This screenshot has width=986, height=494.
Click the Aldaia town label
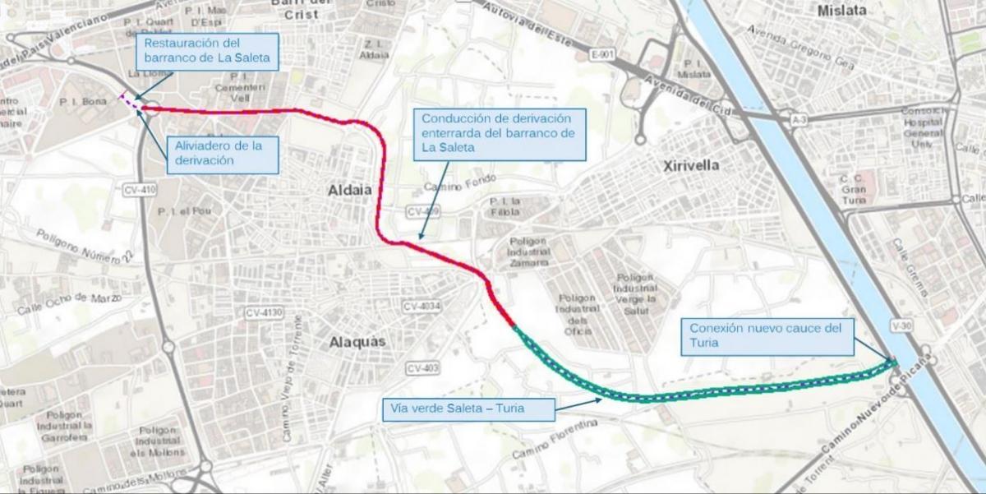[350, 190]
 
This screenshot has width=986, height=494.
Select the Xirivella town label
[691, 165]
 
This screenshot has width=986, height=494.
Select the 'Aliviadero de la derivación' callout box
[223, 154]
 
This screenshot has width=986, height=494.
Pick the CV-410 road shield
[140, 189]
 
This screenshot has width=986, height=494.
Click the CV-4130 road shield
[264, 313]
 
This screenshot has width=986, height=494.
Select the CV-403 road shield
[422, 367]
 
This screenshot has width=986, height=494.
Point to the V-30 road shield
[901, 326]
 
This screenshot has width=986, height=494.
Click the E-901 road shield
[602, 54]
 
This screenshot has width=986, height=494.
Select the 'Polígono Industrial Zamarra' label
[528, 252]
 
